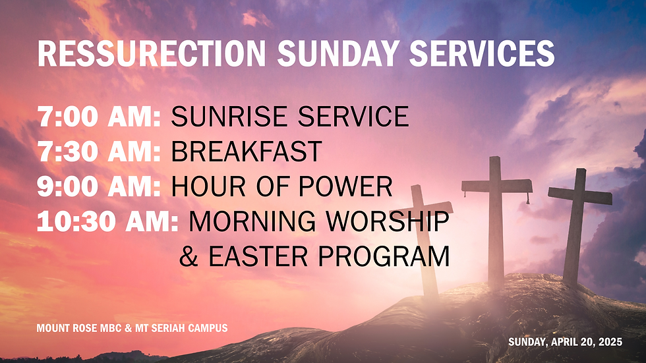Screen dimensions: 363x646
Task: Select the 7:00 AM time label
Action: point(99,117)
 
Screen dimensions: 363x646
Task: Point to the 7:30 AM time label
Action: point(99,152)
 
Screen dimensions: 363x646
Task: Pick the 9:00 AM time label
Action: point(99,187)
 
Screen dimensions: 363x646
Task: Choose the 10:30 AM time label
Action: point(107,222)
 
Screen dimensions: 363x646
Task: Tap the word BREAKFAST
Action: point(246,152)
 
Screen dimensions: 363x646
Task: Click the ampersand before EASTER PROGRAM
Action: point(189,257)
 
